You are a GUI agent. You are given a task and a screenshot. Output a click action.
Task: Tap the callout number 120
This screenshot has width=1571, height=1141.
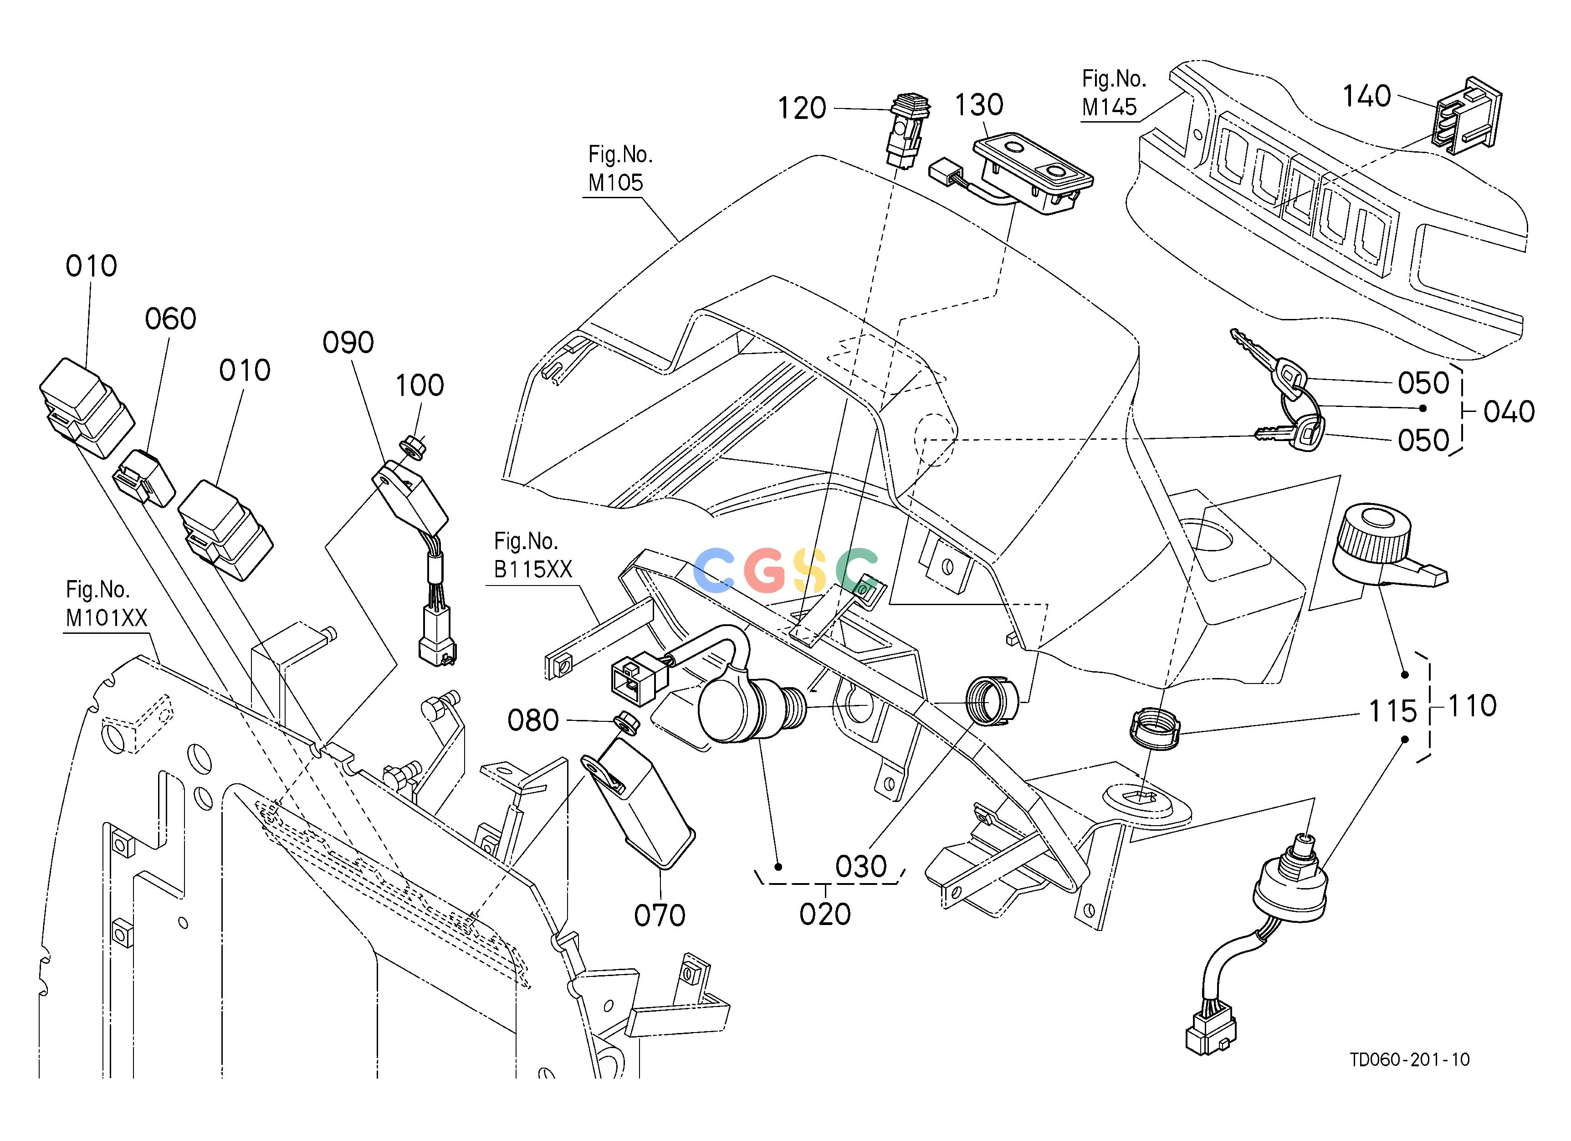click(802, 109)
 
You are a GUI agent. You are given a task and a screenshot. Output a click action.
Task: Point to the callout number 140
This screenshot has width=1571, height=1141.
click(1366, 96)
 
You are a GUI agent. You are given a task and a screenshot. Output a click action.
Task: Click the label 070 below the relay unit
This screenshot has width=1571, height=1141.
click(660, 916)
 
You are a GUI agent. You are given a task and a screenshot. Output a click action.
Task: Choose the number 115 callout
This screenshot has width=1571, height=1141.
click(1393, 711)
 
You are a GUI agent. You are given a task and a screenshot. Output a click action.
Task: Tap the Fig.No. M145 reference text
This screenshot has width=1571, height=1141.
click(1114, 93)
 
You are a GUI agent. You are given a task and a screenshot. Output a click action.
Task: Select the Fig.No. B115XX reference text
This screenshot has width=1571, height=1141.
click(532, 555)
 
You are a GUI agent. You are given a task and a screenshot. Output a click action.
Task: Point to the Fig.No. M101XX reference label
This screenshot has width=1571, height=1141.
click(107, 603)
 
